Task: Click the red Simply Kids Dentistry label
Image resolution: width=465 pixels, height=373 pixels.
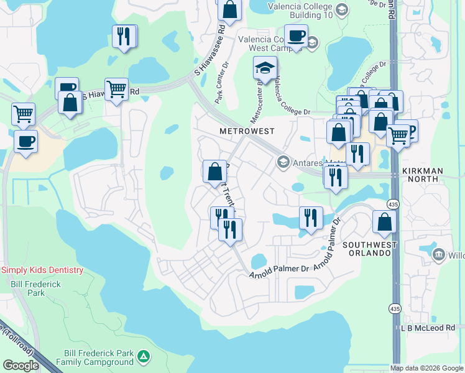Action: (42, 270)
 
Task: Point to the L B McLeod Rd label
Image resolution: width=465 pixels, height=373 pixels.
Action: (428, 328)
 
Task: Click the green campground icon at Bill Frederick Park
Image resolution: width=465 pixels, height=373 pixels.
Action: (144, 356)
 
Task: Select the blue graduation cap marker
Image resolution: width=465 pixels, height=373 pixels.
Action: (265, 68)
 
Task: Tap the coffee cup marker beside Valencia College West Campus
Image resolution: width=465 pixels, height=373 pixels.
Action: (296, 35)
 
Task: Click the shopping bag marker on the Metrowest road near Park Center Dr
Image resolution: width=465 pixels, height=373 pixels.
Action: (214, 171)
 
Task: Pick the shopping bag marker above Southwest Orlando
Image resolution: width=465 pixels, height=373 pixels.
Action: (385, 221)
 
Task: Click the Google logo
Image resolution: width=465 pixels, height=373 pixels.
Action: (21, 366)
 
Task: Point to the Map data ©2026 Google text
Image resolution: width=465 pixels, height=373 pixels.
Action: (427, 368)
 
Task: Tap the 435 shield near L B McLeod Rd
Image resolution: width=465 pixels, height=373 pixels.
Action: (395, 308)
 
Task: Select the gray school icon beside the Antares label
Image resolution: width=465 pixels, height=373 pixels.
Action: (283, 162)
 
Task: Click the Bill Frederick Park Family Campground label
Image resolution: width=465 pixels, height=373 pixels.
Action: (94, 356)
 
